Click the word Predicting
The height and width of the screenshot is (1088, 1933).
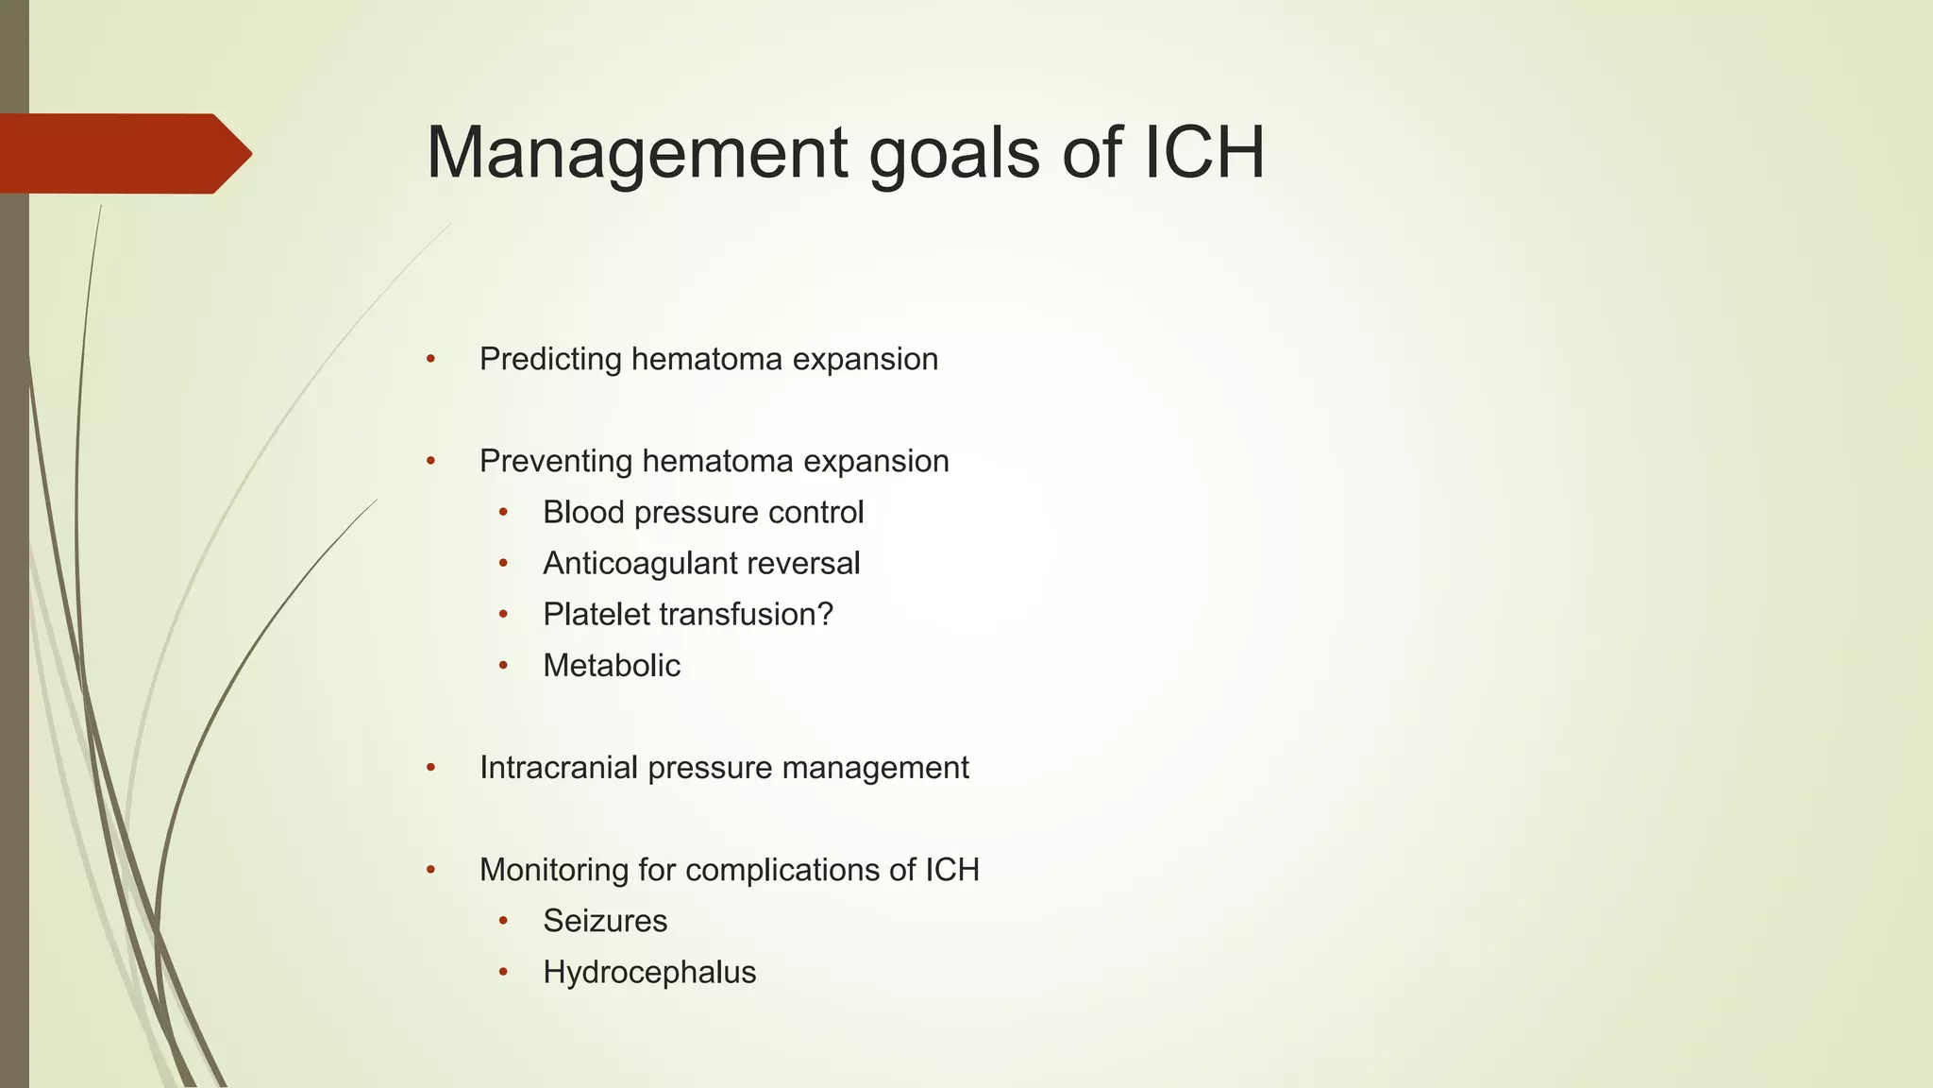[550, 360]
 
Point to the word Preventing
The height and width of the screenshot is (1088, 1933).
[556, 462]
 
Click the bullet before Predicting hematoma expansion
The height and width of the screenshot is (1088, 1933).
[430, 359]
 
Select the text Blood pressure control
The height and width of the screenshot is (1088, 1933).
[703, 512]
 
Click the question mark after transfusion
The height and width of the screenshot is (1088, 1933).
[825, 614]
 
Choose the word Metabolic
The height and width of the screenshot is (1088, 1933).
[612, 666]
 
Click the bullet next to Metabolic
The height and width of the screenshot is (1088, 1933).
[504, 666]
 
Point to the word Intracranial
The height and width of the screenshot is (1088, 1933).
[560, 768]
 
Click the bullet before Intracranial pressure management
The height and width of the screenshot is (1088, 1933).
[430, 768]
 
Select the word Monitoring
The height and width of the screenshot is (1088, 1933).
[554, 871]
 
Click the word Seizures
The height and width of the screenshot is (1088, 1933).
[605, 921]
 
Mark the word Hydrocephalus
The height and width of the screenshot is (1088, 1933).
[649, 972]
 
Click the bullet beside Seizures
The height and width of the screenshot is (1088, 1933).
[504, 921]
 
